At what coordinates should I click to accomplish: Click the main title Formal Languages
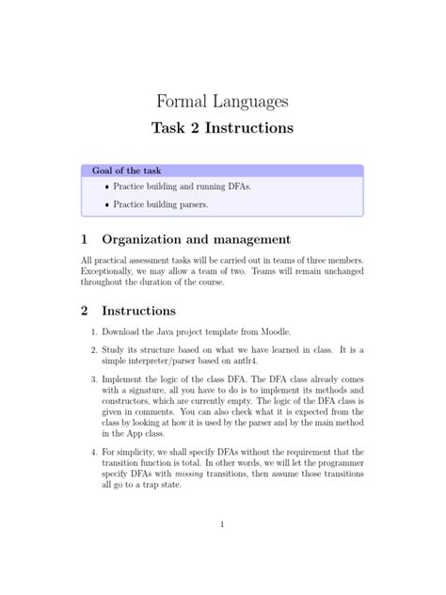point(222,100)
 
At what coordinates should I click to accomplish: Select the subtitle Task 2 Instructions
point(222,126)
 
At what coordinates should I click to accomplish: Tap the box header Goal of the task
point(126,170)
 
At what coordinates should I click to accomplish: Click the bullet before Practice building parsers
point(106,203)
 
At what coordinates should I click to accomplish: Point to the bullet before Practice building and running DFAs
point(106,186)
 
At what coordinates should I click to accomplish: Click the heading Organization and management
point(196,239)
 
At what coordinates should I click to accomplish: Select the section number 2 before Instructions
point(85,310)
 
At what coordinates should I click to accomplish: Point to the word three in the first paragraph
point(313,260)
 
